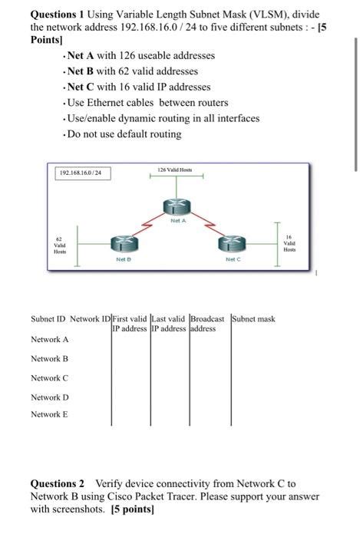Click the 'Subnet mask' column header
click(253, 318)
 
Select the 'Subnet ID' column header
click(48, 318)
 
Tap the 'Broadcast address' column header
click(207, 323)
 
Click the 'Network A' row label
click(50, 339)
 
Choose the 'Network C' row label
click(50, 377)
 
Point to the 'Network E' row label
click(50, 414)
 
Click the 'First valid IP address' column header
click(130, 323)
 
